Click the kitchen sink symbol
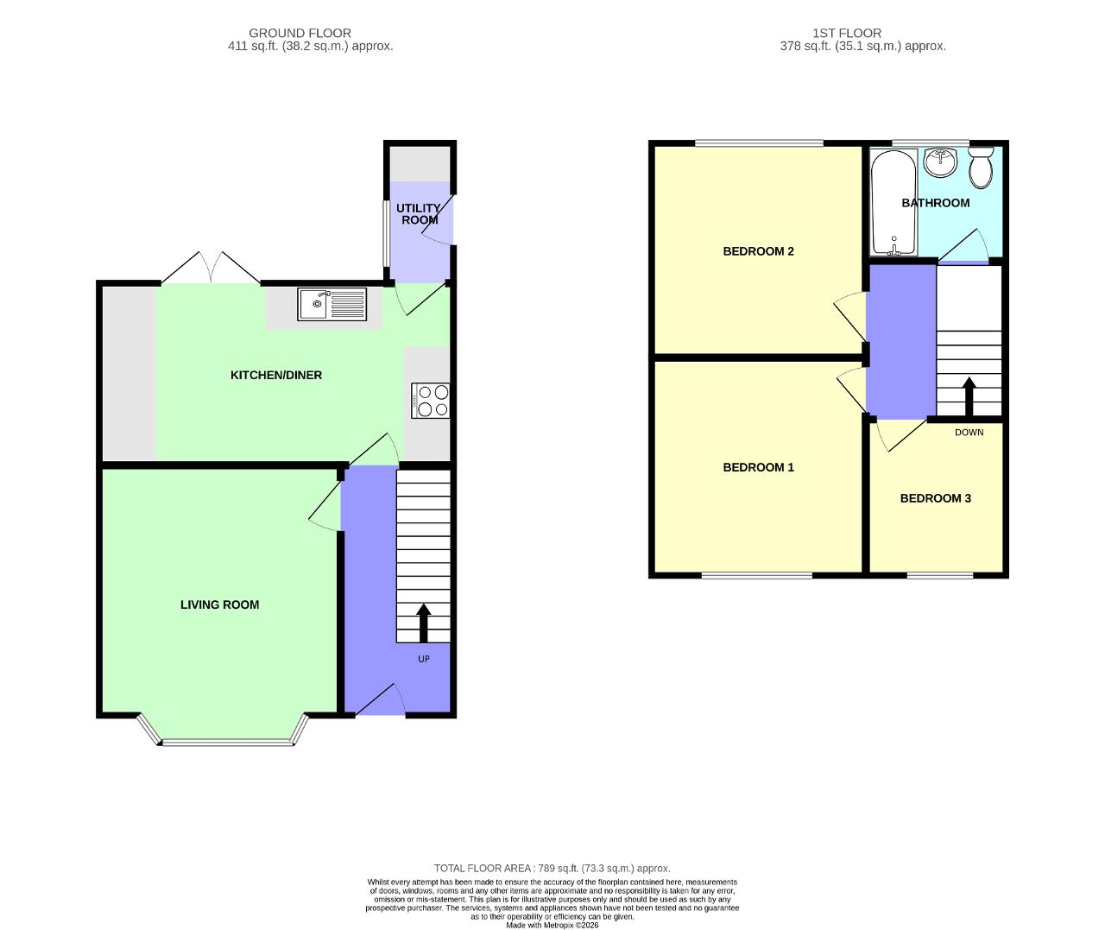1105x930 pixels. tap(331, 304)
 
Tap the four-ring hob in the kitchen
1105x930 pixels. tap(430, 401)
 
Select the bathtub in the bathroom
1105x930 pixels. tap(893, 203)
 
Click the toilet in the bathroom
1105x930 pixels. tap(982, 167)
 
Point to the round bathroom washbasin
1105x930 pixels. tap(940, 162)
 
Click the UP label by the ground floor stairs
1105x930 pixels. tap(423, 659)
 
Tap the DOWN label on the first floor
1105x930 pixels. tap(969, 433)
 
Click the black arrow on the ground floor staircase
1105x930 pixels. tap(423, 623)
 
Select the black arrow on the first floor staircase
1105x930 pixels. tap(969, 396)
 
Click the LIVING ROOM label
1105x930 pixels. tap(219, 604)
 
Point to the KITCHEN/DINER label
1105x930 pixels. tap(276, 376)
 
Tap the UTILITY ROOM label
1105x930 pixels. tap(419, 214)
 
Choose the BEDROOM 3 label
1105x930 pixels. tap(936, 498)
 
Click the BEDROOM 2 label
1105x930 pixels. tap(758, 251)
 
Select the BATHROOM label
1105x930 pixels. tap(936, 203)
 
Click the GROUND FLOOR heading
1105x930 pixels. tap(300, 33)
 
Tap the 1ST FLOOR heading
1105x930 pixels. tap(847, 33)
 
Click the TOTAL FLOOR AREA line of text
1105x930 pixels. tap(552, 868)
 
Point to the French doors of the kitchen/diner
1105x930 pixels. tap(211, 268)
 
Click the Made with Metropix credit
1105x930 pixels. tap(552, 925)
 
